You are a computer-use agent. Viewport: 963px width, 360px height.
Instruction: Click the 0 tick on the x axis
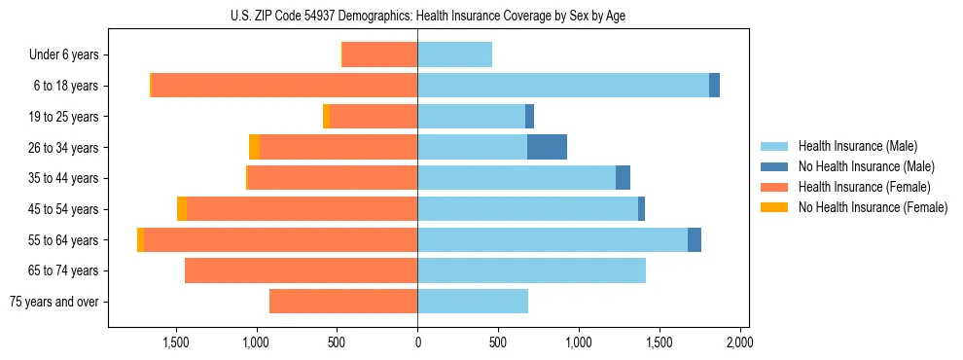(417, 342)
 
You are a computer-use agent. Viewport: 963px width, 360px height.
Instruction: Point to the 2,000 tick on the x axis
(739, 342)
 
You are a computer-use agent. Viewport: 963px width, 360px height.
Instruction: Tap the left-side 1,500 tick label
(176, 342)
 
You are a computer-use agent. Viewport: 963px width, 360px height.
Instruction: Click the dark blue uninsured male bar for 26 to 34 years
(547, 147)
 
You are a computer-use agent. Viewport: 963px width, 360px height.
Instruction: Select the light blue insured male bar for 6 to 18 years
(563, 86)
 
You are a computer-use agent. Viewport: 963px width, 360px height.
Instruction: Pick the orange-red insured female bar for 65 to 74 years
(301, 270)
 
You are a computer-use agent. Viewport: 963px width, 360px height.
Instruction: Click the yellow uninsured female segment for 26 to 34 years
(254, 147)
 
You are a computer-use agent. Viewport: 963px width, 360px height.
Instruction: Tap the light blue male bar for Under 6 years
(454, 54)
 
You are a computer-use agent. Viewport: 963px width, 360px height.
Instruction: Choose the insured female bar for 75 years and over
(343, 302)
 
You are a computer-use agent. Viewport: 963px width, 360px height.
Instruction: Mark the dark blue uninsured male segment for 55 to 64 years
(694, 239)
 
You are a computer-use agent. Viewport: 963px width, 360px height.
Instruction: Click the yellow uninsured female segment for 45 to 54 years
(182, 209)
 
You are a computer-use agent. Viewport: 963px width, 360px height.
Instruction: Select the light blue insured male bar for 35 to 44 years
(517, 178)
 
